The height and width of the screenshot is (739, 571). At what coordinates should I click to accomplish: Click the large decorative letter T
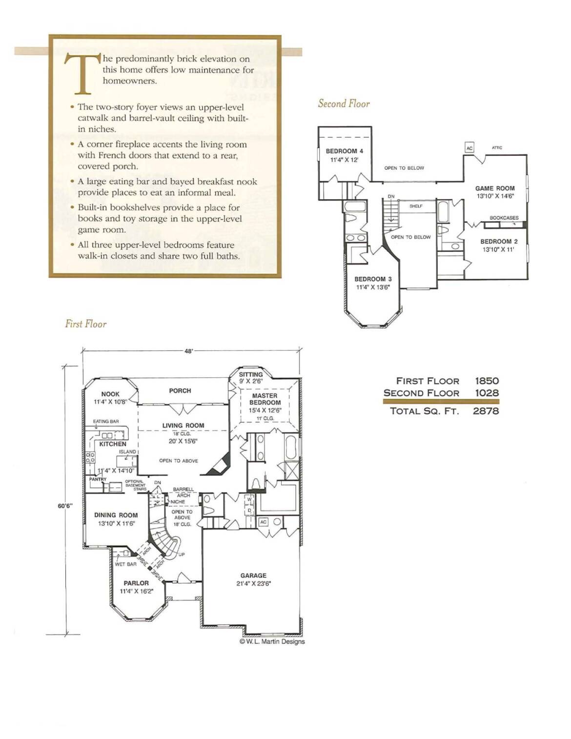click(83, 73)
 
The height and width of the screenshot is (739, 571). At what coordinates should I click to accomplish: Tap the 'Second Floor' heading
click(344, 103)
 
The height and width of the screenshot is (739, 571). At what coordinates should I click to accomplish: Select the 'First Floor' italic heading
click(86, 324)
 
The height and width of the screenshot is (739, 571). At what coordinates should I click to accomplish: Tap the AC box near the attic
click(469, 148)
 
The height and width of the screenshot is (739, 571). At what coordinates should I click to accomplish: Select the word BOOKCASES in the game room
click(504, 218)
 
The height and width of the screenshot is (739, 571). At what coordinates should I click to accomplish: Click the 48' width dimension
click(189, 351)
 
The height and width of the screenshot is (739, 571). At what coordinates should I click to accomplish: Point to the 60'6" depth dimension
click(65, 506)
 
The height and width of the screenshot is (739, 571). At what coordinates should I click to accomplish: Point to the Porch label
click(180, 390)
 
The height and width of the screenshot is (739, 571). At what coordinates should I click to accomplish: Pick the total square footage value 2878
click(486, 411)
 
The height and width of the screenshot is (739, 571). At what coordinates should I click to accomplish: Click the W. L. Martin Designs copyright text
click(272, 641)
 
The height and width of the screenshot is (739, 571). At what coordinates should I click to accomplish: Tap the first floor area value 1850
click(487, 381)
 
